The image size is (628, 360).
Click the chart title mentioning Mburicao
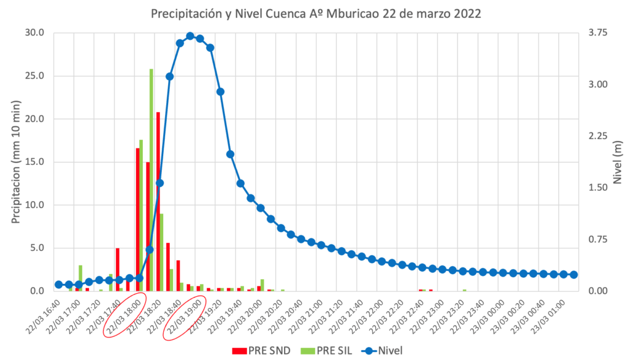pyautogui.click(x=314, y=13)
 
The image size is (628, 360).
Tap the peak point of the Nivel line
pyautogui.click(x=190, y=36)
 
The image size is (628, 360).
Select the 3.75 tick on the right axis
pyautogui.click(x=597, y=33)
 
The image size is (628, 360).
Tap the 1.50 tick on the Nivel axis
pyautogui.click(x=597, y=188)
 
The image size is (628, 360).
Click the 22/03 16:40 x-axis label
pyautogui.click(x=45, y=315)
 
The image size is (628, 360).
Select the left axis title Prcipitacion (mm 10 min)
pyautogui.click(x=16, y=162)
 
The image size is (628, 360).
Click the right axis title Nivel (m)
pyautogui.click(x=617, y=162)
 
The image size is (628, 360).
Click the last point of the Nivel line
pyautogui.click(x=573, y=275)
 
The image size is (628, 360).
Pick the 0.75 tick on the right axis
pyautogui.click(x=597, y=240)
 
